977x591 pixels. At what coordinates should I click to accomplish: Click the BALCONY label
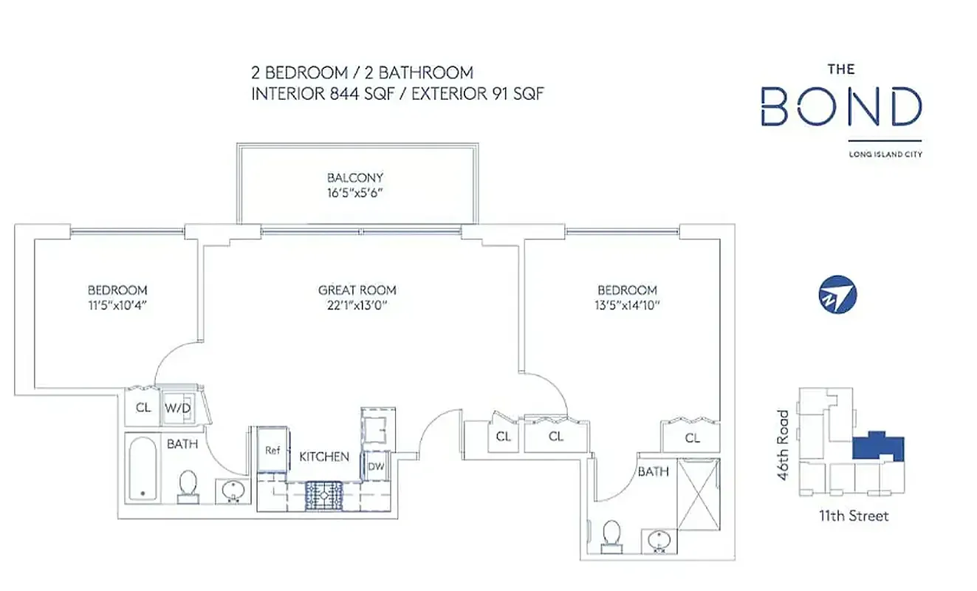[x=355, y=177]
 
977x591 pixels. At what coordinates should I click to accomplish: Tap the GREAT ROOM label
[x=357, y=290]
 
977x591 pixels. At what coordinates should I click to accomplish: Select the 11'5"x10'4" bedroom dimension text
[x=117, y=304]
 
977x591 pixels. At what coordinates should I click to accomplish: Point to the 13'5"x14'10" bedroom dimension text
[x=626, y=304]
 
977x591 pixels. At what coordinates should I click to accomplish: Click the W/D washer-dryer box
[x=177, y=407]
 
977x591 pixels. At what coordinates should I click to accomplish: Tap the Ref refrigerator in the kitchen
[x=272, y=450]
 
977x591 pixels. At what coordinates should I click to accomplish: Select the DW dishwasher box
[x=375, y=466]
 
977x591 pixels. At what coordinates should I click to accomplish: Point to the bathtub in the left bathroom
[x=143, y=468]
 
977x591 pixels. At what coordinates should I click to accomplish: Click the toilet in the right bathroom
[x=611, y=535]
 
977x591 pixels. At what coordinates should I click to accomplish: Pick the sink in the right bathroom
[x=657, y=540]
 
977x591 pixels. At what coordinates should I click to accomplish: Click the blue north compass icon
[x=837, y=295]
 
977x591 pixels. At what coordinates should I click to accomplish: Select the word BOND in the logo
[x=841, y=106]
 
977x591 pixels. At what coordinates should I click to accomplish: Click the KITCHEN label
[x=324, y=457]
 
